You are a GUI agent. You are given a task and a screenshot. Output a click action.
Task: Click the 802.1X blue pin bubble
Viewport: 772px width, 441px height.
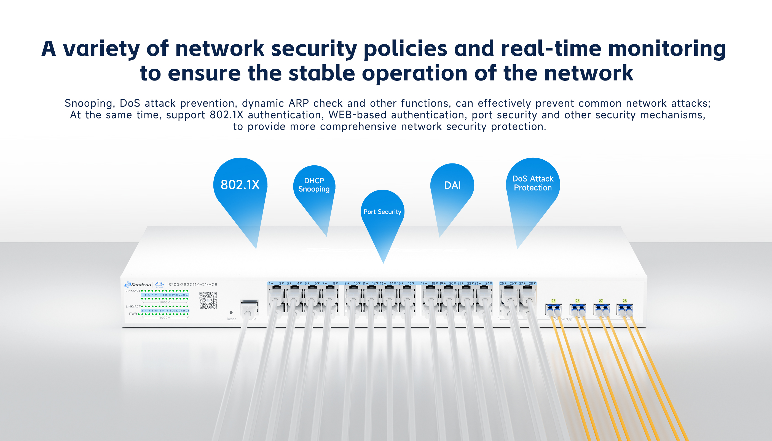(x=240, y=185)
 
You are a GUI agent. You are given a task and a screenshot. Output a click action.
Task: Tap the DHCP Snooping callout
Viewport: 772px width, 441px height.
(x=314, y=185)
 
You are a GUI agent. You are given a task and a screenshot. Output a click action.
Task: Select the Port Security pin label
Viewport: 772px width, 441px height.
(x=382, y=212)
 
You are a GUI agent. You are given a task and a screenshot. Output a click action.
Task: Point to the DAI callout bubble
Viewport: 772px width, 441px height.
(x=452, y=185)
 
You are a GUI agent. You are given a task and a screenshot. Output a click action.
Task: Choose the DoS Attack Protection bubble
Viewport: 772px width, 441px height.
(x=533, y=183)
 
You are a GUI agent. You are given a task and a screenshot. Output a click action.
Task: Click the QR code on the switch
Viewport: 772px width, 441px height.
(x=208, y=300)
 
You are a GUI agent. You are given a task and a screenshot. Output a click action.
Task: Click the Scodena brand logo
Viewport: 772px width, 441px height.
(x=138, y=284)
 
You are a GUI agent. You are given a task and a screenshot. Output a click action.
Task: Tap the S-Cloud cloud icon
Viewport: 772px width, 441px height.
(x=159, y=284)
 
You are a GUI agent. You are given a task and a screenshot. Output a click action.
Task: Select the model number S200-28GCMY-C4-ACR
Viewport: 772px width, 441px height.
(x=193, y=284)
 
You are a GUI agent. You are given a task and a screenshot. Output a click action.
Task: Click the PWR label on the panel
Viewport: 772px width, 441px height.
(x=133, y=314)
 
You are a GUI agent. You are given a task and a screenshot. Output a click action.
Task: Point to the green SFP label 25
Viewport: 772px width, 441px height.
(x=553, y=301)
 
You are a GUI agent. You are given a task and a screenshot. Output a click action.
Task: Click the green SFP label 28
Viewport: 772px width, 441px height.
(x=624, y=301)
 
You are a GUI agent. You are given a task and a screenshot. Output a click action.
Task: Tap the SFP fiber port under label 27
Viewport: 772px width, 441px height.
(x=601, y=310)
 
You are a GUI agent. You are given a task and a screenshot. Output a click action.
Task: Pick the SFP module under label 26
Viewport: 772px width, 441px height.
(x=578, y=310)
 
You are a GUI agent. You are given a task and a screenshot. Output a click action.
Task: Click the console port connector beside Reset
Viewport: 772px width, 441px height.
(x=249, y=307)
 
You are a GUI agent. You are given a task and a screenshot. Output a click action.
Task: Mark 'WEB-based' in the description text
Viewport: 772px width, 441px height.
(x=357, y=115)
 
